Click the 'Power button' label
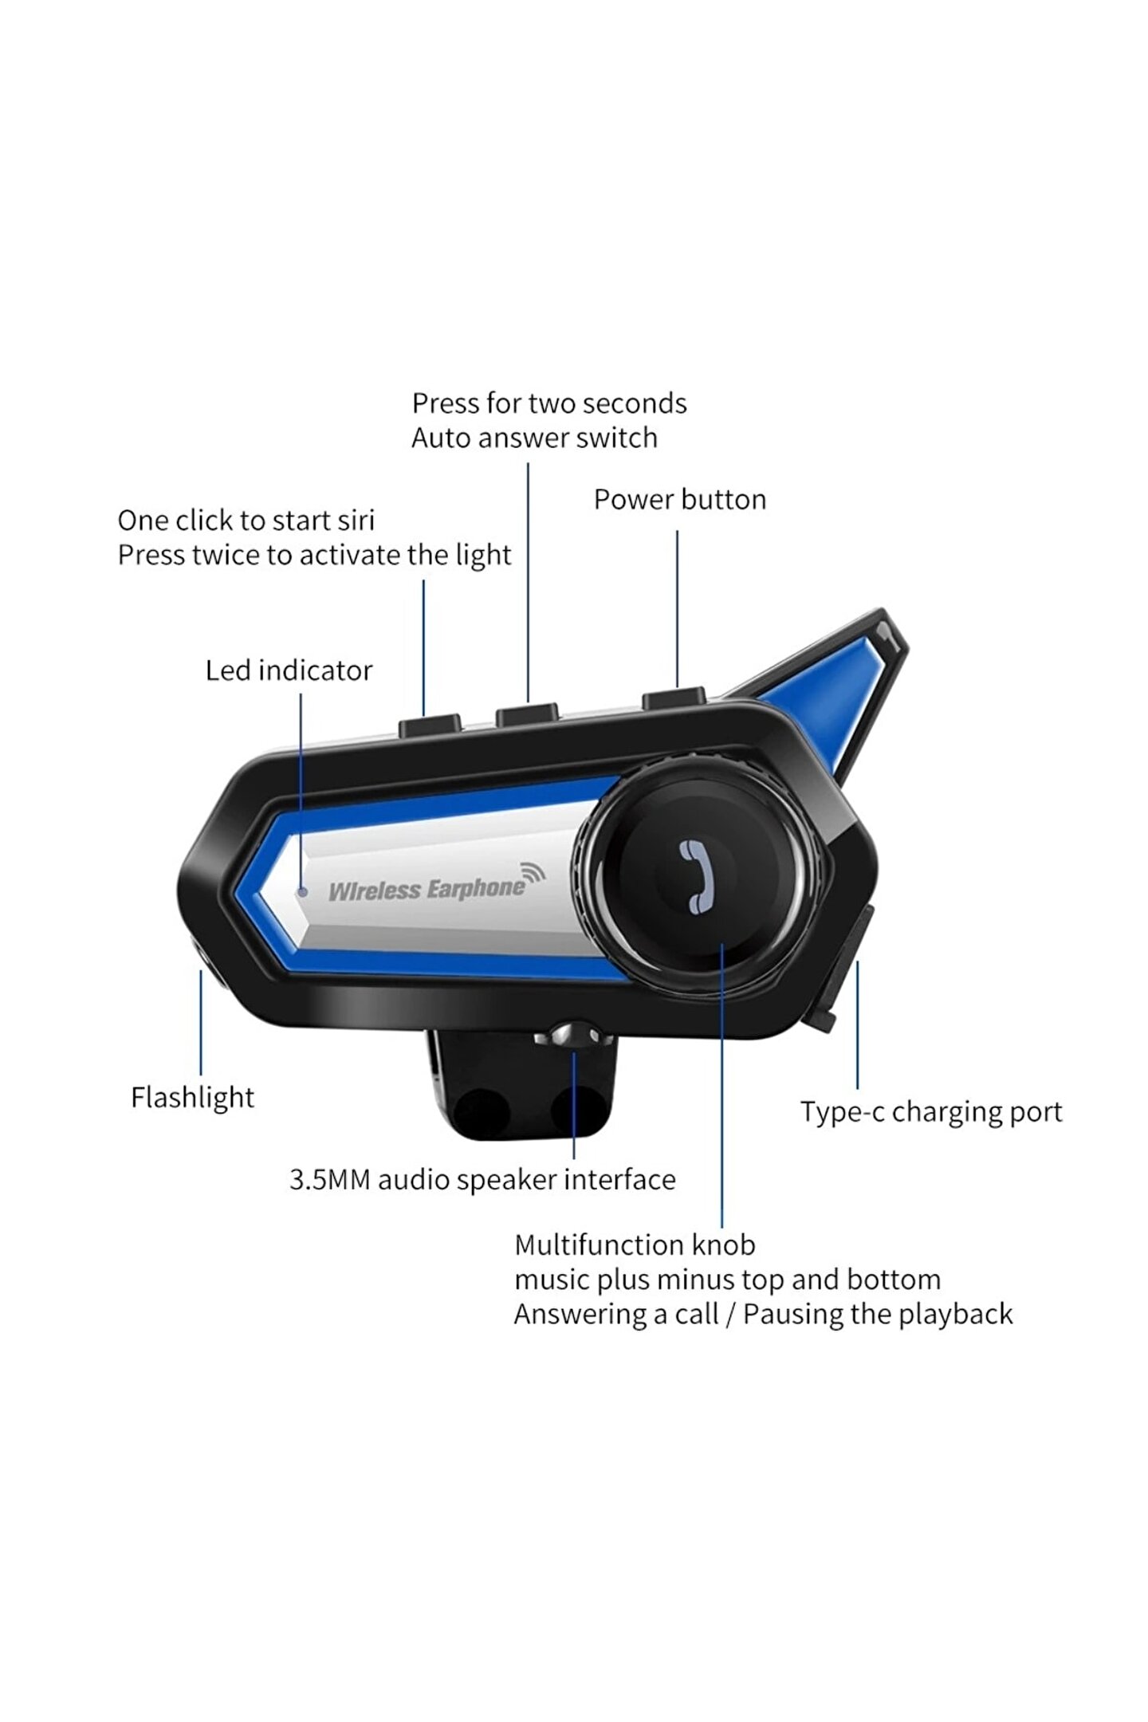(x=679, y=500)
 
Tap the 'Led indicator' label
(x=289, y=670)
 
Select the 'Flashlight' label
(x=192, y=1098)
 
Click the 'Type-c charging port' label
(x=931, y=1111)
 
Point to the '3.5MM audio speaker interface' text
(x=482, y=1179)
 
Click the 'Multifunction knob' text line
(x=635, y=1244)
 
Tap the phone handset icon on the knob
(x=695, y=876)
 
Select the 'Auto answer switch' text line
(x=534, y=438)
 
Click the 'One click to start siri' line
(x=246, y=521)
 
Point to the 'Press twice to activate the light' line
(x=314, y=555)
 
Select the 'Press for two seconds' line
(x=548, y=403)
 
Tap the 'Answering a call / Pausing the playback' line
(x=763, y=1314)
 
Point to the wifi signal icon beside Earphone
(x=533, y=874)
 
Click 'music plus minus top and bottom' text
(x=727, y=1280)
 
